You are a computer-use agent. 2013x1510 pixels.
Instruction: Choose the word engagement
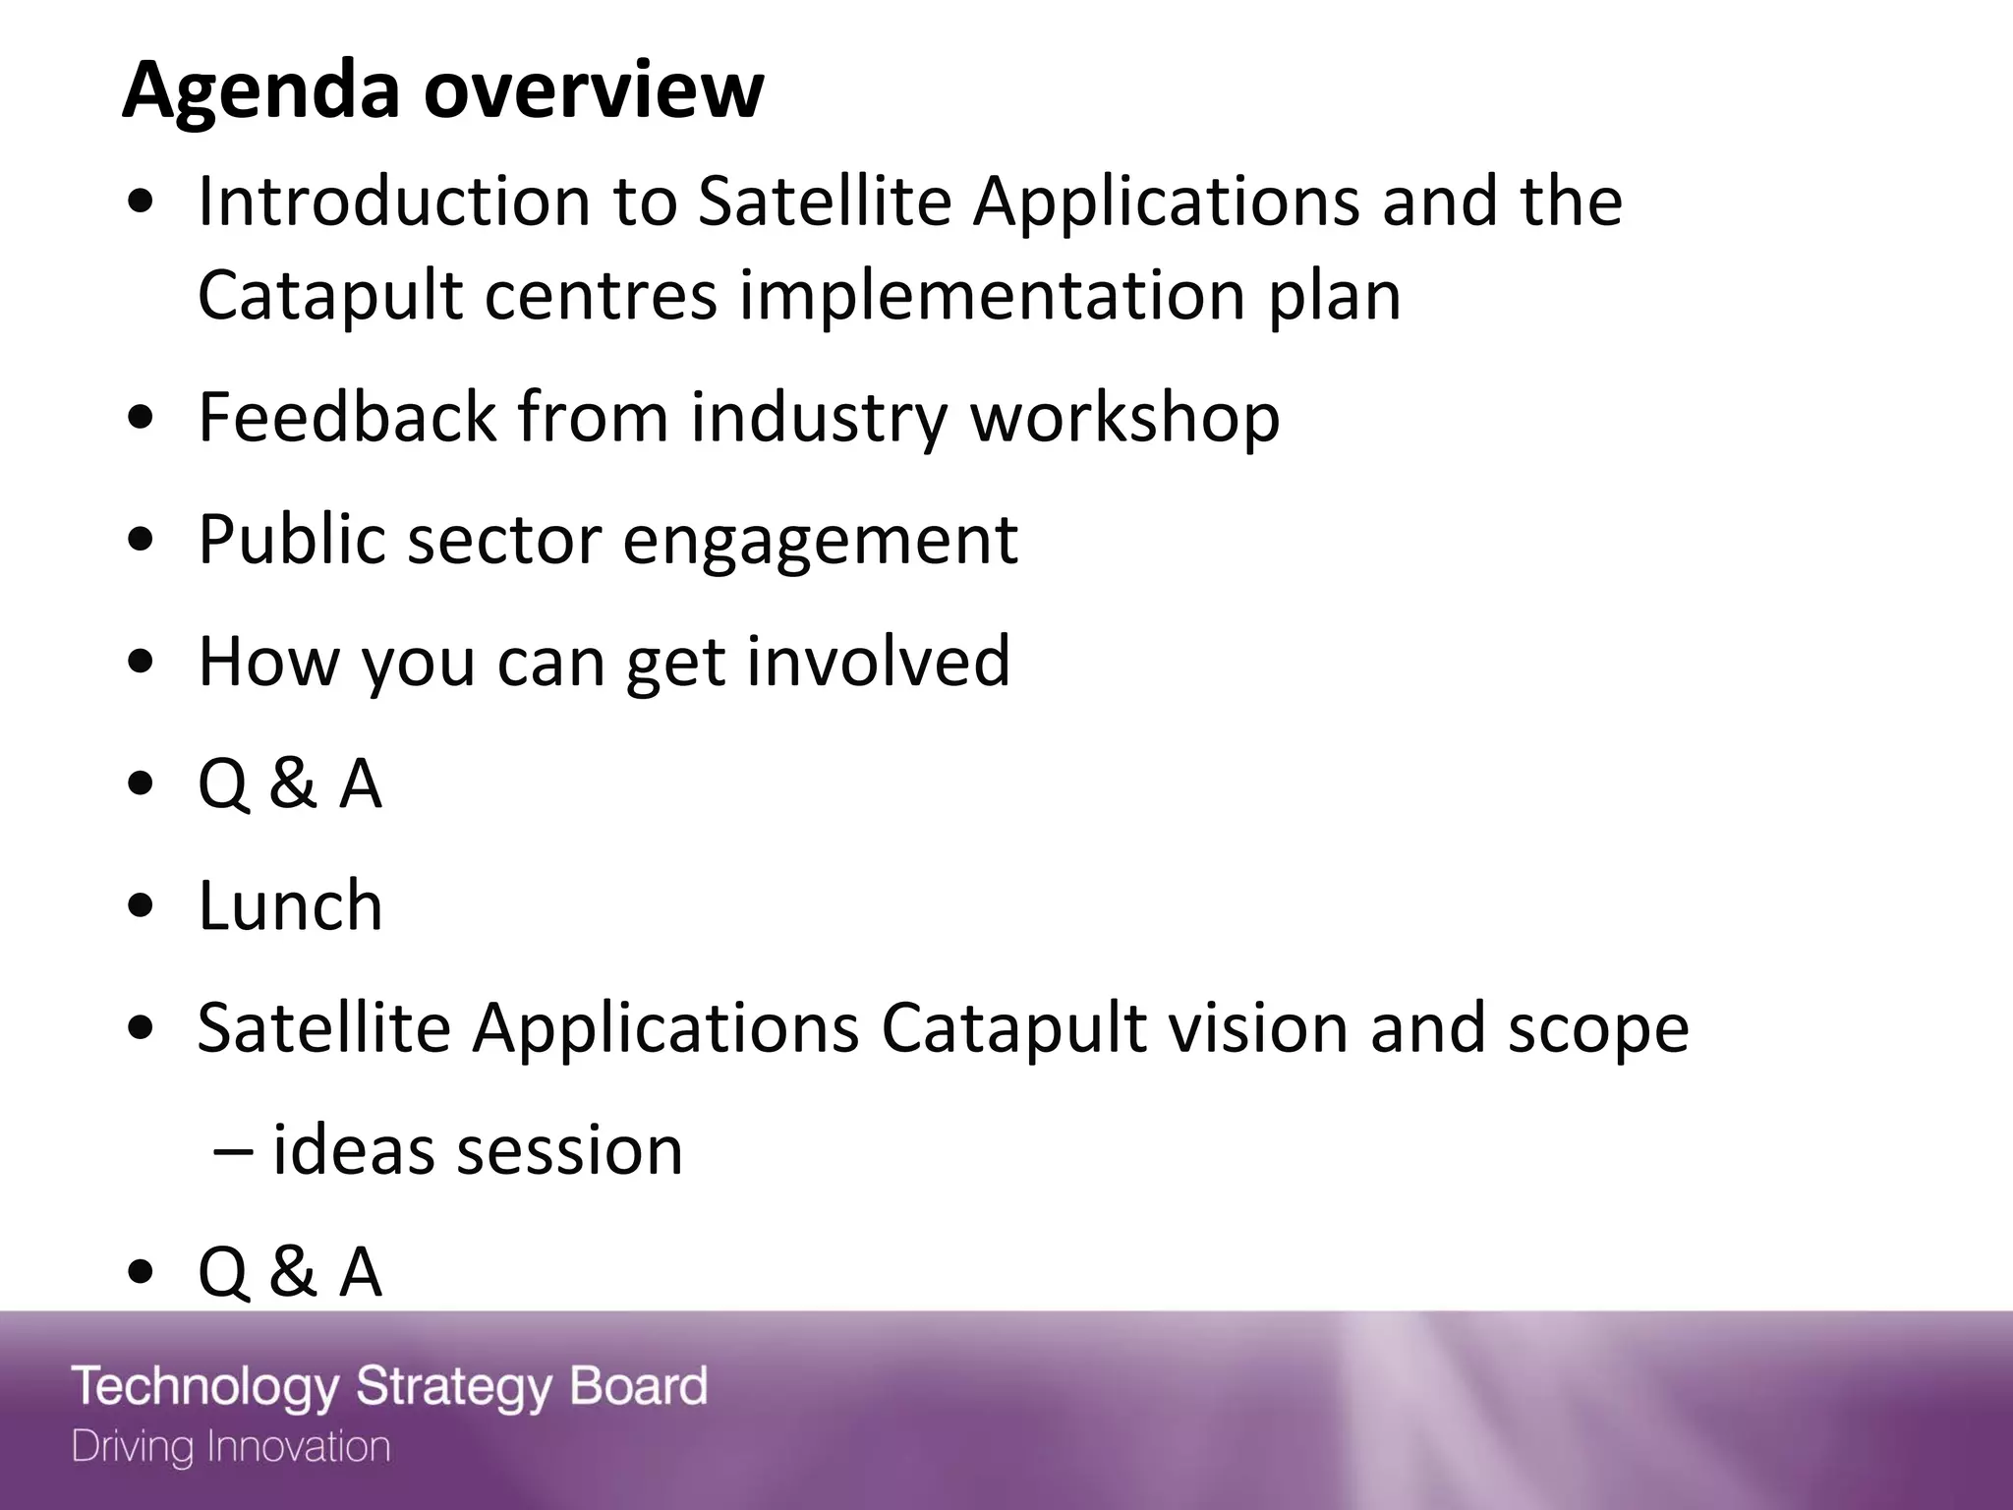point(820,542)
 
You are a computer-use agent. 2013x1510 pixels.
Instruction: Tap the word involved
point(878,661)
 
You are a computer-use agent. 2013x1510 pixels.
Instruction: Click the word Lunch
point(290,905)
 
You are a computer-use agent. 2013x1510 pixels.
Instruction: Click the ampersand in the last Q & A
point(292,1272)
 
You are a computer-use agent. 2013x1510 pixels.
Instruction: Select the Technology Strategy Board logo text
point(389,1387)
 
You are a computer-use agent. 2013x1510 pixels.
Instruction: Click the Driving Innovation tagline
point(231,1447)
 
